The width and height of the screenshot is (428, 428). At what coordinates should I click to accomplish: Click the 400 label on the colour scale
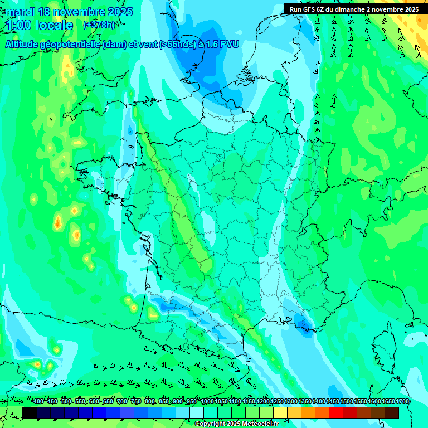coord(38,402)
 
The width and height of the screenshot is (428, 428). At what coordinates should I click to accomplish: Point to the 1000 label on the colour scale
coord(207,402)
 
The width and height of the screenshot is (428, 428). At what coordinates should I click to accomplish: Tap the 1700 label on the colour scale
coord(402,402)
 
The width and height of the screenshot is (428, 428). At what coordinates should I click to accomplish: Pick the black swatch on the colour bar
coord(30,412)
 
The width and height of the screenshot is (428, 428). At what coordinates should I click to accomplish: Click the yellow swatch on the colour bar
coord(280,412)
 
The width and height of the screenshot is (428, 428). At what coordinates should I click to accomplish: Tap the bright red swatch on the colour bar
coord(336,412)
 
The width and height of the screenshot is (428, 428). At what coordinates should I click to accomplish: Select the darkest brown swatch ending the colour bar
coord(392,412)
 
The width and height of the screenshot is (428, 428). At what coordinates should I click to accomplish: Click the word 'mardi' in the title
coord(21,12)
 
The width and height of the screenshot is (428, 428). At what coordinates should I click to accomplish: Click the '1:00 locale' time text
coord(40,26)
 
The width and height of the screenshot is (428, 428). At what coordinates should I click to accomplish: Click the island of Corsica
coord(390,348)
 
